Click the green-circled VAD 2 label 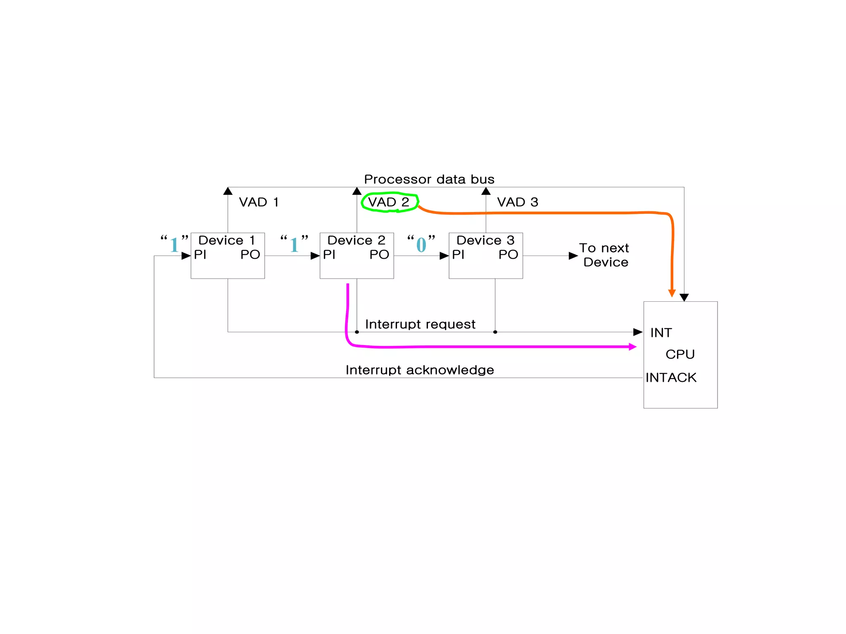point(389,202)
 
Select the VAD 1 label point(259,202)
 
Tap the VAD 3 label point(517,202)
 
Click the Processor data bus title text point(429,179)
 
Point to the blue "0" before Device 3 point(421,245)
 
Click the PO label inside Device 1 point(250,255)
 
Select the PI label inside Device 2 point(329,255)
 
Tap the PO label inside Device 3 point(508,255)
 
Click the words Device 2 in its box point(356,240)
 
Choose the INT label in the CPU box point(661,333)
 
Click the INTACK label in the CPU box point(671,378)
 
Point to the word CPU point(680,355)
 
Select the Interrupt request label point(420,324)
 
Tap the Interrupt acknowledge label point(420,370)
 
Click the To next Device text point(604,255)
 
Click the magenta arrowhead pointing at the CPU point(632,347)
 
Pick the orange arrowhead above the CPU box point(672,293)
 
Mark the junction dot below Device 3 point(495,332)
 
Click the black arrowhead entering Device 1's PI point(186,256)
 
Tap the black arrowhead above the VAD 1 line point(228,191)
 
